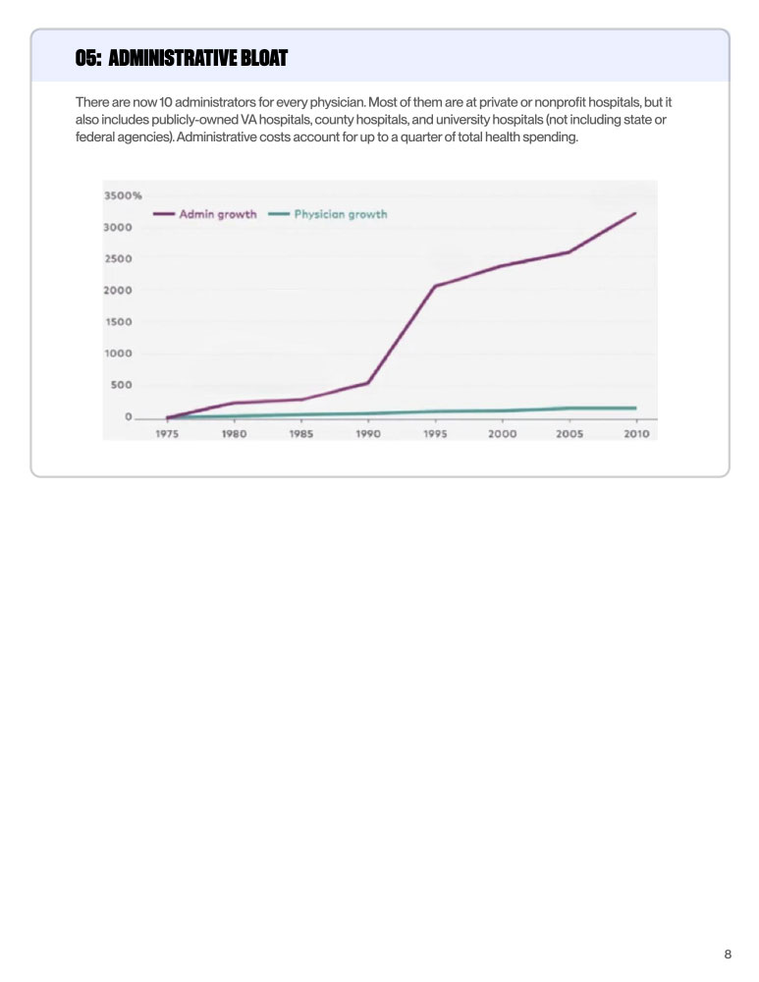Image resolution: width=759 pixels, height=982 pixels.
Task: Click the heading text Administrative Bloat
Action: [197, 59]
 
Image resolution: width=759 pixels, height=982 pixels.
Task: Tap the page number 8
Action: [728, 954]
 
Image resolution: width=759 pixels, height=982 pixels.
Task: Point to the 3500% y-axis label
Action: [123, 195]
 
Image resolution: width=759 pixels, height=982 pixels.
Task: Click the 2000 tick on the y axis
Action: [118, 290]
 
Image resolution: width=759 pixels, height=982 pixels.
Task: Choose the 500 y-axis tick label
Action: [121, 384]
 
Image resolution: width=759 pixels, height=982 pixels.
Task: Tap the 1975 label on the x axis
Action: [167, 433]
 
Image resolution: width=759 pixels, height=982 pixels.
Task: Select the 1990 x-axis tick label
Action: [368, 433]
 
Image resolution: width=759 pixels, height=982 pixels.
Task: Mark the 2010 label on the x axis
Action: [636, 433]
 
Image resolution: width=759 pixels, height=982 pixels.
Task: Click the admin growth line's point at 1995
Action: [435, 286]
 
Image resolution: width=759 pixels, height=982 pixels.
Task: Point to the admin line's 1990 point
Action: [368, 382]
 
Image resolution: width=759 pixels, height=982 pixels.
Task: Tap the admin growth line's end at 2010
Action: [636, 212]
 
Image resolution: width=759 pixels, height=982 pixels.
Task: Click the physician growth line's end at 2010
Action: [636, 408]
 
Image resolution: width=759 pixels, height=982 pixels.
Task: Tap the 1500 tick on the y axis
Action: [118, 321]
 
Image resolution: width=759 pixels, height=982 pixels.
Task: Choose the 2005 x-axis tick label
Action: [569, 433]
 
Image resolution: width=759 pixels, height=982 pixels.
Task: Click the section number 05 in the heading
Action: [88, 59]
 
